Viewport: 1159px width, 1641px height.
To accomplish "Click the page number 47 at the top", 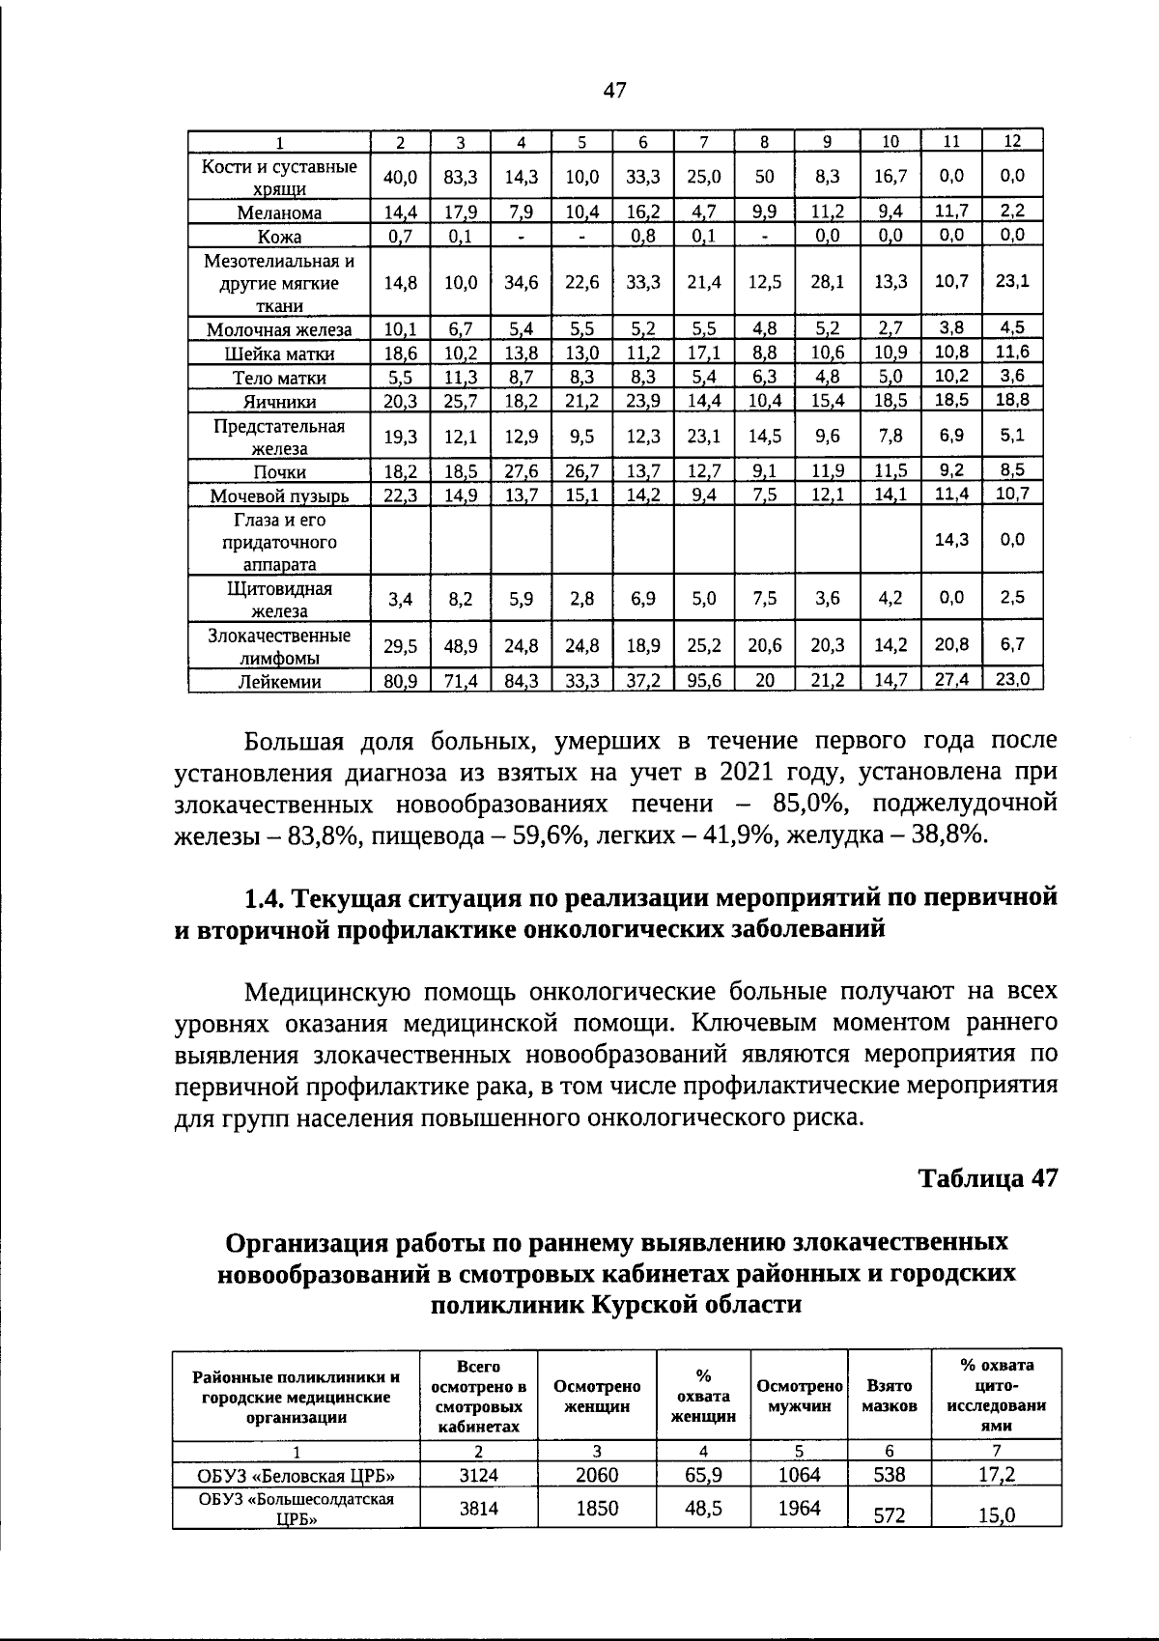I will tap(614, 91).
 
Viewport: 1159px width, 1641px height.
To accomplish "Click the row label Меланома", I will tap(279, 212).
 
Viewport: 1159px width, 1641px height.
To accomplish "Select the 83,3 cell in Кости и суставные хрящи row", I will tap(461, 177).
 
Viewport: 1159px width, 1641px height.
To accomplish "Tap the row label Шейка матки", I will tap(279, 354).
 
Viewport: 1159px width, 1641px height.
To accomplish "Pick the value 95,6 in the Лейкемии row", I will tap(704, 680).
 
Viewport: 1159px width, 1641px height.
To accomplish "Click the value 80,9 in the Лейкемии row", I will tap(400, 680).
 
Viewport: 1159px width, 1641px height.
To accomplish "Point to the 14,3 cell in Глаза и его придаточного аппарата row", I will tap(951, 540).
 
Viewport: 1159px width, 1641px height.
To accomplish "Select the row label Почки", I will tap(279, 472).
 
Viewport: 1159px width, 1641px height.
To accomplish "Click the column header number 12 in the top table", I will tap(1012, 141).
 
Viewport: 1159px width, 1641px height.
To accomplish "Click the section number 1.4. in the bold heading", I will tap(264, 898).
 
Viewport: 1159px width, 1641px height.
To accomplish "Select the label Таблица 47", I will tap(987, 1178).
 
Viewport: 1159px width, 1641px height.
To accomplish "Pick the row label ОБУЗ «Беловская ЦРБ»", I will tap(296, 1475).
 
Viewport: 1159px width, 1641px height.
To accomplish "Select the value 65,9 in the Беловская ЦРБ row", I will tap(703, 1475).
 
